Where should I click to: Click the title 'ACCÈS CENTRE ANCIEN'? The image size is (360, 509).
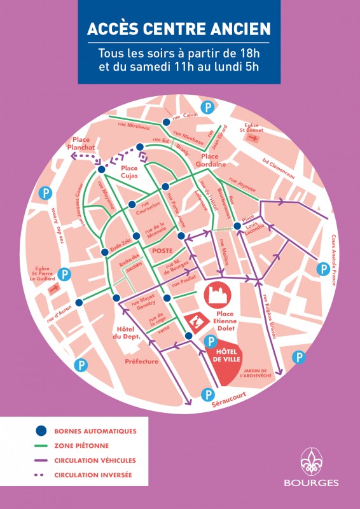(x=179, y=29)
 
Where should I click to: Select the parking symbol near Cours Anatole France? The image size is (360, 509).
(x=324, y=269)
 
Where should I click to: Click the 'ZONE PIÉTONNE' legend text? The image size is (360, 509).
(x=81, y=446)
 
